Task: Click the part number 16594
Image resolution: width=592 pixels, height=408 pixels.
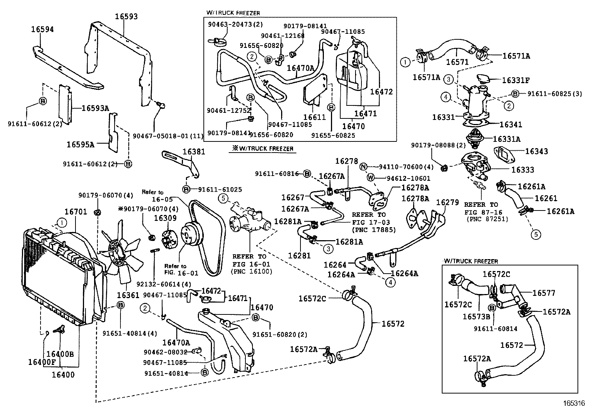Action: [x=42, y=29]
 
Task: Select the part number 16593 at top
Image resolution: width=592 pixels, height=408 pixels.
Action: [x=126, y=16]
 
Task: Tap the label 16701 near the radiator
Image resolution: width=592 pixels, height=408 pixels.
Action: [x=75, y=212]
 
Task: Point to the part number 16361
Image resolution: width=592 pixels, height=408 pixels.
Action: [x=128, y=295]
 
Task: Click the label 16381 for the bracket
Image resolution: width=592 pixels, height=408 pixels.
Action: [x=194, y=152]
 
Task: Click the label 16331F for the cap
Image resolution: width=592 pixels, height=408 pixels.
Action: [x=516, y=80]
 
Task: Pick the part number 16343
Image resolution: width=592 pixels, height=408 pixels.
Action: [x=536, y=151]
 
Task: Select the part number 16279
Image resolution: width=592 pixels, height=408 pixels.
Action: [x=447, y=202]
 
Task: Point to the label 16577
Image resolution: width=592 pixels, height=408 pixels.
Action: [x=544, y=293]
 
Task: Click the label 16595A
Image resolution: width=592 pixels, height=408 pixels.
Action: [x=80, y=144]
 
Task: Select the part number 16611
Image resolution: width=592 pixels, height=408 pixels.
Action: [x=315, y=117]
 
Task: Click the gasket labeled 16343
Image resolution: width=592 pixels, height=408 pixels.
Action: [x=504, y=154]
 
